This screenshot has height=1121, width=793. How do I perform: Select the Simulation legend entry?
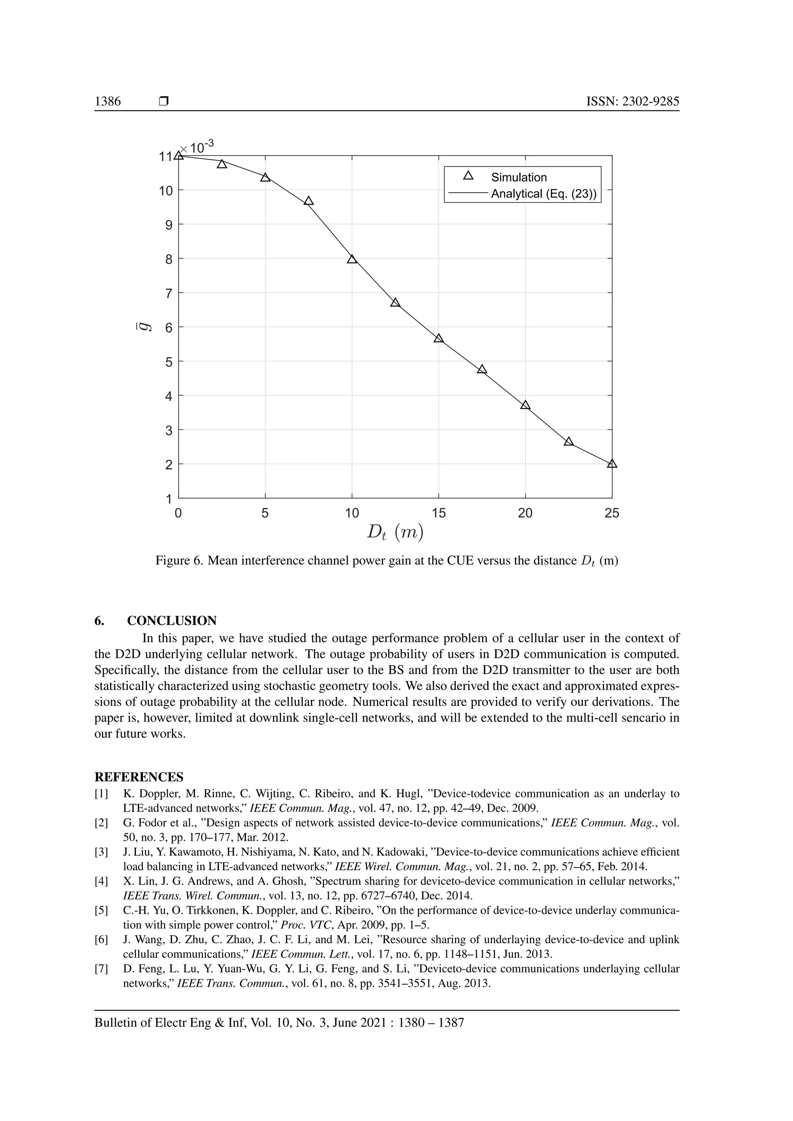coord(518,177)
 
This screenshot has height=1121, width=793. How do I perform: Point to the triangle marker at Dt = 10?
coord(352,259)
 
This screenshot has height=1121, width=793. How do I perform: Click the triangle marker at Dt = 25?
coord(612,464)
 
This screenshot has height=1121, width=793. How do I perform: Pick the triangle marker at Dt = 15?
coord(438,338)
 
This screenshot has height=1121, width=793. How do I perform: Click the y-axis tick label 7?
coord(169,293)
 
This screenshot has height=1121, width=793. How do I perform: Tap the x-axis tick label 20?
coord(525,513)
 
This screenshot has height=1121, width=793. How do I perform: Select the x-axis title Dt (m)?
coord(395,533)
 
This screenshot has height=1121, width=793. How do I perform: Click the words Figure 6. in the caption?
coord(179,560)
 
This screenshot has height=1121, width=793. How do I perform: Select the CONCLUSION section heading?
coord(172,620)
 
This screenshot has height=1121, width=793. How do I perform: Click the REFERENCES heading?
coord(139,777)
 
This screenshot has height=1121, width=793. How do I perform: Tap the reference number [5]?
coord(101,910)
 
